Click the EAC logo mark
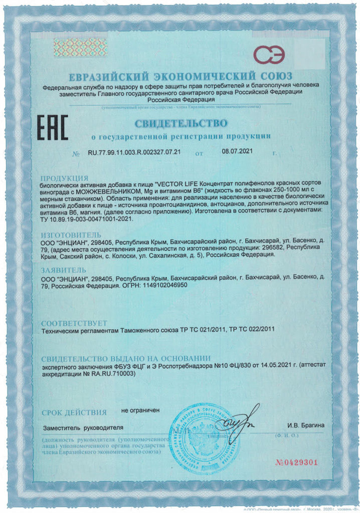(53, 127)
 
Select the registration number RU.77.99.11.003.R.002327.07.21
(134, 152)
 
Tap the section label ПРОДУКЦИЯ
(65, 178)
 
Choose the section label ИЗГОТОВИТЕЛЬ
(71, 234)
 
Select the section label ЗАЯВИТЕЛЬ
(66, 269)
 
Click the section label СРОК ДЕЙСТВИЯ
(74, 412)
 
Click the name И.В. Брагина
(306, 426)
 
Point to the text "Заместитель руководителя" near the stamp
(83, 428)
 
